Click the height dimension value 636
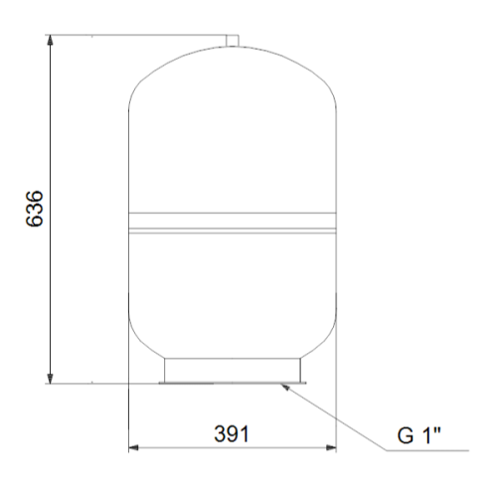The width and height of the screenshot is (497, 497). pyautogui.click(x=34, y=209)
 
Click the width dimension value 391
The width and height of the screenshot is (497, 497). pyautogui.click(x=232, y=434)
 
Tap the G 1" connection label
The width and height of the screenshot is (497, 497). pyautogui.click(x=419, y=434)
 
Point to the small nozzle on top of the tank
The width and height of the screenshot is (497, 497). pyautogui.click(x=233, y=40)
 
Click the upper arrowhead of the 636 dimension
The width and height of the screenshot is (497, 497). pyautogui.click(x=50, y=40)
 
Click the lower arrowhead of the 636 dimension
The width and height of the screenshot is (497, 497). pyautogui.click(x=50, y=379)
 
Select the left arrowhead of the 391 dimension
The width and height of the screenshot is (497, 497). pyautogui.click(x=133, y=448)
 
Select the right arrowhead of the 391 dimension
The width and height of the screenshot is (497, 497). pyautogui.click(x=331, y=448)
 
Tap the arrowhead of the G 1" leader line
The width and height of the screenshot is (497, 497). pyautogui.click(x=285, y=387)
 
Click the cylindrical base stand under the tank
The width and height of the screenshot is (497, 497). pyautogui.click(x=233, y=370)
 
